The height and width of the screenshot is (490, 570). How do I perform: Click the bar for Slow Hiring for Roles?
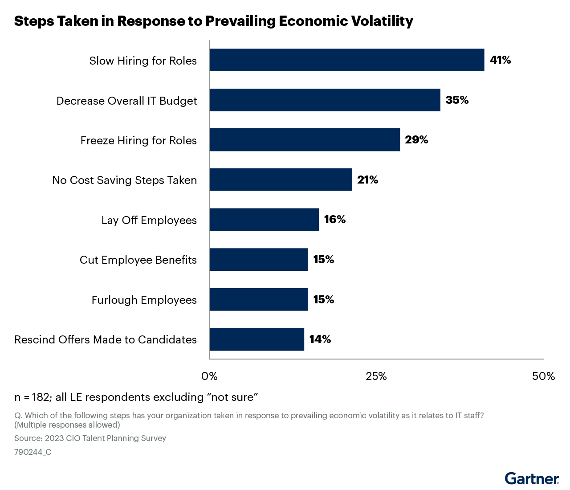tap(346, 60)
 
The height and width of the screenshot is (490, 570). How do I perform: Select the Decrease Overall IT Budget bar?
tap(325, 100)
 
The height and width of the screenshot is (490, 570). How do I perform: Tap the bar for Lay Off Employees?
tap(264, 220)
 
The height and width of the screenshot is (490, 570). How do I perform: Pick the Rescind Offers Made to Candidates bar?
tap(256, 339)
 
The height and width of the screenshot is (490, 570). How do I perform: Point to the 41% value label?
tap(500, 60)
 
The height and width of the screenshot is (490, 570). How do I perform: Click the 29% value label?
tap(416, 140)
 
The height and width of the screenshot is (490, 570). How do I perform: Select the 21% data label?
tap(367, 180)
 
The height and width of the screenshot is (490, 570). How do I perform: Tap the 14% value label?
tap(320, 339)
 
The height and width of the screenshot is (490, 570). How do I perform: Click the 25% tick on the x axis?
tap(376, 376)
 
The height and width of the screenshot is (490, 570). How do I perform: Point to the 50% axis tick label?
tap(543, 376)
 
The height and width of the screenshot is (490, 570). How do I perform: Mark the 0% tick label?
tap(209, 376)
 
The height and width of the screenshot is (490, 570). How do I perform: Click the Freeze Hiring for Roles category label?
tap(138, 141)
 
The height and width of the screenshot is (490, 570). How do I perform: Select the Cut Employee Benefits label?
tap(138, 260)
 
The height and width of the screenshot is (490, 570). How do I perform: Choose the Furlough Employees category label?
tap(144, 300)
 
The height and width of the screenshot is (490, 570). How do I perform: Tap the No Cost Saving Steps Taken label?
tap(124, 180)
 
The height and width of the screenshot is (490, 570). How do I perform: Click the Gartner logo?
tap(532, 479)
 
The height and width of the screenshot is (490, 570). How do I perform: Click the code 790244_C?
tap(33, 452)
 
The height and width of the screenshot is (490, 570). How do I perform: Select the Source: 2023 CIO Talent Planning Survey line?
tap(90, 438)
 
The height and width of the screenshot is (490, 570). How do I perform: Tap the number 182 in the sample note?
tap(41, 397)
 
